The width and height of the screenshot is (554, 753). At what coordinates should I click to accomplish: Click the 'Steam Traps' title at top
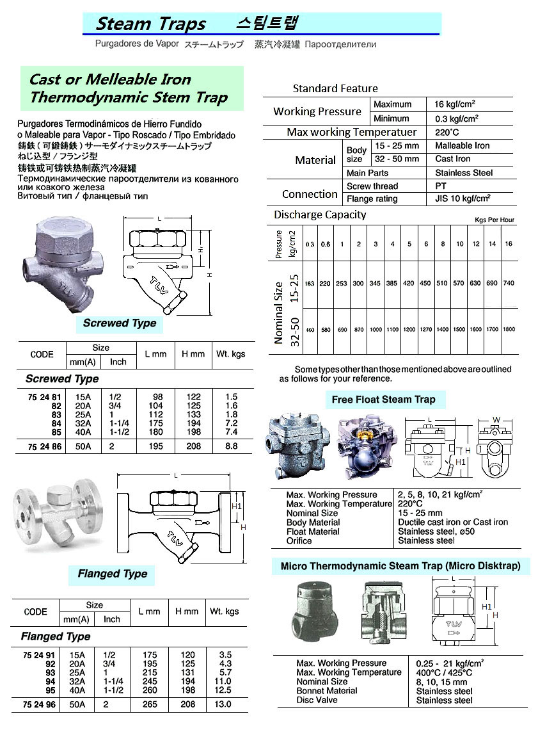150,24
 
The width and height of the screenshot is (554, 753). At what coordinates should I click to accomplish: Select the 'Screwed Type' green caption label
120,323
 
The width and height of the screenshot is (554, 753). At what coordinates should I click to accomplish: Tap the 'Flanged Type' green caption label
113,574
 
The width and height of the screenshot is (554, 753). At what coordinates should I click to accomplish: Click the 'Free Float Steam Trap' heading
383,400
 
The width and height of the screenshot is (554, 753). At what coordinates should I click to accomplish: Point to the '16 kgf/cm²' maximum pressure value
455,104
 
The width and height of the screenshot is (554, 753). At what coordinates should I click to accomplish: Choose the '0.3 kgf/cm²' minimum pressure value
457,118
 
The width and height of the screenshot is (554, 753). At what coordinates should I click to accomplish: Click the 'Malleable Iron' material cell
463,145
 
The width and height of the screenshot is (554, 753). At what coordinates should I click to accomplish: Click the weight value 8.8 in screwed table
231,446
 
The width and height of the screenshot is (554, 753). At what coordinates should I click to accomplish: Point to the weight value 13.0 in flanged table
223,704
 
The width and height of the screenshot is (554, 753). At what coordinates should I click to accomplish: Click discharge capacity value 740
509,283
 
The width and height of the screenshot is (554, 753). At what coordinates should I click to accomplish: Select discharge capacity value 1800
509,329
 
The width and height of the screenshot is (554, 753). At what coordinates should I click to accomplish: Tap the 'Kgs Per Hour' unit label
495,220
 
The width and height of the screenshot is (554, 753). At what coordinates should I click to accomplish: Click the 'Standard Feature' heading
335,88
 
